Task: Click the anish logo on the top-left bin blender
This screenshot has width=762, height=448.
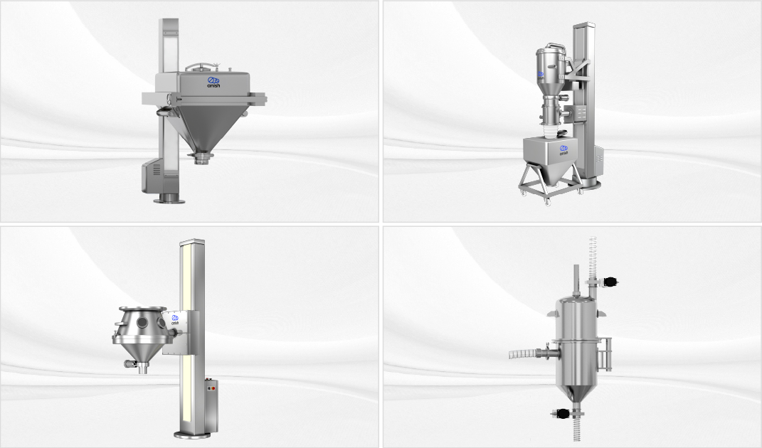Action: (x=213, y=82)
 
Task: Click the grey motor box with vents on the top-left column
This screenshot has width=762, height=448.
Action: (x=153, y=176)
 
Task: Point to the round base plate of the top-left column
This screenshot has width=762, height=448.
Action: (x=169, y=201)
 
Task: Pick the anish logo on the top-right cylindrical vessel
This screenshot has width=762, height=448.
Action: (x=541, y=74)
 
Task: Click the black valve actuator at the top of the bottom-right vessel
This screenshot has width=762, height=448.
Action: (x=610, y=284)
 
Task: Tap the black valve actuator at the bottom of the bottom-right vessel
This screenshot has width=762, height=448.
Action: (x=561, y=413)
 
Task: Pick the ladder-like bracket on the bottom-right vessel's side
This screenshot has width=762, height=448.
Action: (x=605, y=353)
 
